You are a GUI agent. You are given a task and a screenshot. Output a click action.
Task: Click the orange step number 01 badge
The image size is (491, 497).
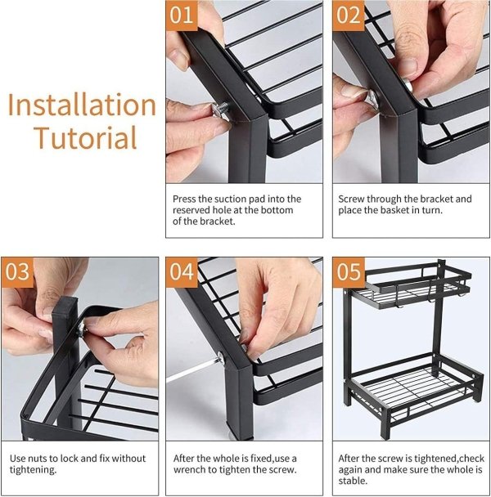pyautogui.click(x=182, y=16)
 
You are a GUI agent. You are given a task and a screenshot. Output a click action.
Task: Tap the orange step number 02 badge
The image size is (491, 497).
pyautogui.click(x=349, y=16)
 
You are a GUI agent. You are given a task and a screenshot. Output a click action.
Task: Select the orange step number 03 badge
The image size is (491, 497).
pyautogui.click(x=17, y=272)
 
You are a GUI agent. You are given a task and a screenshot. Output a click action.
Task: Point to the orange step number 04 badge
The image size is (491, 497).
pyautogui.click(x=182, y=272)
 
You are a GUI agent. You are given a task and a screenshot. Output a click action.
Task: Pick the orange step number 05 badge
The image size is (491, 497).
pyautogui.click(x=349, y=272)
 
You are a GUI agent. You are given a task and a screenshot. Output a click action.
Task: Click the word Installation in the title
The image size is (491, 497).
pyautogui.click(x=82, y=105)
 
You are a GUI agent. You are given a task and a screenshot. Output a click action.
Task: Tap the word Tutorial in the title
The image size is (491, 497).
pyautogui.click(x=86, y=137)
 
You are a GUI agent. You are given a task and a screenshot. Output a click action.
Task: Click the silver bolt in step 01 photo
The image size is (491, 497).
pyautogui.click(x=221, y=110)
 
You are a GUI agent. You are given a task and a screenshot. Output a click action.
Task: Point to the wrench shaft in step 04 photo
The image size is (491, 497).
pyautogui.click(x=192, y=369)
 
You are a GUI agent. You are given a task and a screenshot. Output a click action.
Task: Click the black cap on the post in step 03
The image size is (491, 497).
pyautogui.click(x=65, y=305)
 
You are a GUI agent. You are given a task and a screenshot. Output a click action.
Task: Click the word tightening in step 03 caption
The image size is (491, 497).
pyautogui.click(x=33, y=470)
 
